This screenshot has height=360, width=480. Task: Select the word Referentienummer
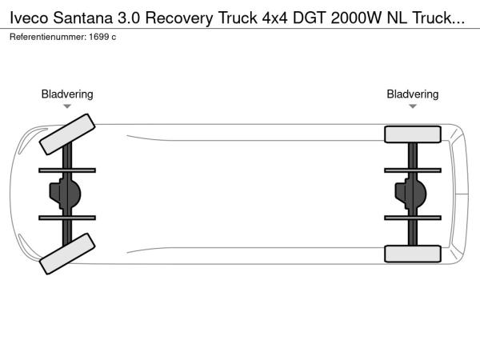tap(45, 37)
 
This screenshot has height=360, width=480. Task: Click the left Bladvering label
tap(67, 94)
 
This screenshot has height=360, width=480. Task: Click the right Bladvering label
tap(413, 94)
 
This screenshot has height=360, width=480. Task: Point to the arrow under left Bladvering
tap(67, 106)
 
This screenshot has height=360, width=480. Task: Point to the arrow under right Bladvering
tap(413, 106)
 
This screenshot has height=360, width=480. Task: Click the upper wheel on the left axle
tap(66, 134)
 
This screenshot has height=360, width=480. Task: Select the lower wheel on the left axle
tap(66, 253)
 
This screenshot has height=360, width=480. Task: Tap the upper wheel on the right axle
tap(413, 134)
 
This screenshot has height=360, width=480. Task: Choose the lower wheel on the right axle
tap(413, 254)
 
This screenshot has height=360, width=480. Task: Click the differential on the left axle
tap(67, 193)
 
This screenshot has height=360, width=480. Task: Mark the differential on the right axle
tap(413, 193)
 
